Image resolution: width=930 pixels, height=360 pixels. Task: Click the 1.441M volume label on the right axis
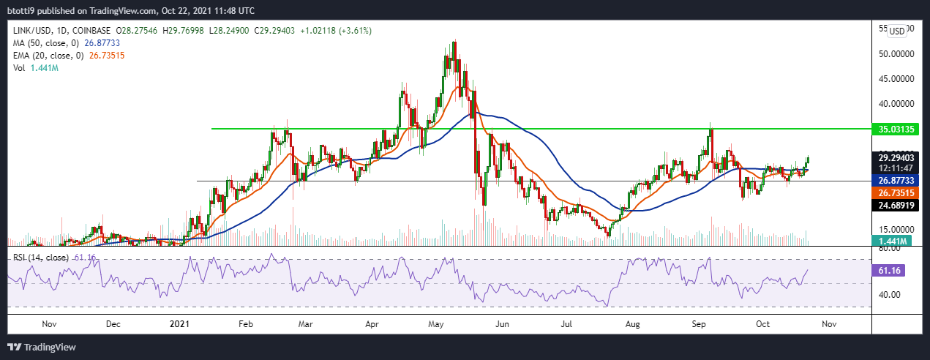892,241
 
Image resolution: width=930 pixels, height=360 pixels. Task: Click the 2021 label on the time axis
180,323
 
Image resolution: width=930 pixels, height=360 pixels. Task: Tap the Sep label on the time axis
699,323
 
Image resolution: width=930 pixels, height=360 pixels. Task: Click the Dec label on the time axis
113,323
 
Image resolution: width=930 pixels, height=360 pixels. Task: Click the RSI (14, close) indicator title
40,258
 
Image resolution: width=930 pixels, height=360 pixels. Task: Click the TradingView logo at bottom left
42,346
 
